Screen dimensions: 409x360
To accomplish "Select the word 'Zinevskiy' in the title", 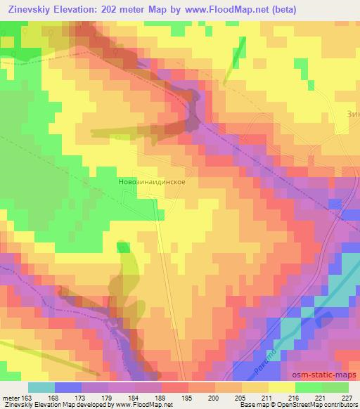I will click(x=27, y=10).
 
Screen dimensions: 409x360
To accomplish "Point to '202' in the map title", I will click(x=114, y=10).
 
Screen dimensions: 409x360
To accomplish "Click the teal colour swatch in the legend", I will click(x=41, y=387).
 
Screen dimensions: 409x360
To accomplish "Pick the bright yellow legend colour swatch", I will click(x=282, y=387).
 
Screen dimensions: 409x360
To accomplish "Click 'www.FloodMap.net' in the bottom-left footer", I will click(x=139, y=405).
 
